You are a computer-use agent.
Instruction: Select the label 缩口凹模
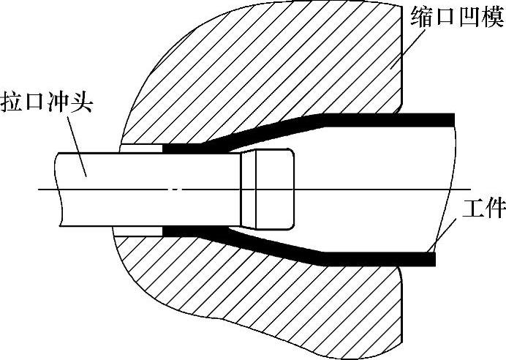455,14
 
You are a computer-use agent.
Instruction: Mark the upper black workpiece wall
380,119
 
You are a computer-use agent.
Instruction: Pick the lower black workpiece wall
380,258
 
